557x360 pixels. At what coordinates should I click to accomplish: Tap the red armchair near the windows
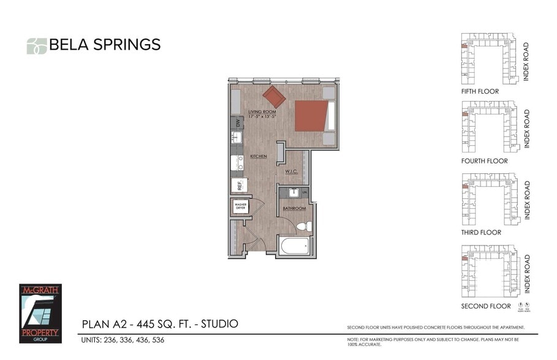[x=274, y=96]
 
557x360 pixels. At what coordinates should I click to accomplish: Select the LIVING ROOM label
[x=262, y=112]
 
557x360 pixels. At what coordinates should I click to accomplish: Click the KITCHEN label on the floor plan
[x=258, y=157]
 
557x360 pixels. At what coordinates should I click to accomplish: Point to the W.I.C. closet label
[x=291, y=172]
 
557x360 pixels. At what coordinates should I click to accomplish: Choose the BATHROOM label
[x=294, y=209]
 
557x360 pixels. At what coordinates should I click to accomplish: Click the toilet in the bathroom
[x=304, y=227]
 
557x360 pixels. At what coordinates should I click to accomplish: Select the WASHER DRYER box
[x=240, y=207]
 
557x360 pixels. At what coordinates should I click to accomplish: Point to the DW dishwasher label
[x=237, y=122]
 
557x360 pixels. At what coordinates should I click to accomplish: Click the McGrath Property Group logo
[x=40, y=313]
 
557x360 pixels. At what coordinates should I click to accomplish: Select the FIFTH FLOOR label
[x=480, y=91]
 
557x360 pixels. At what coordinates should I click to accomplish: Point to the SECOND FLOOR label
[x=485, y=306]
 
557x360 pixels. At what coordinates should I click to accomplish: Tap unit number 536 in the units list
[x=157, y=340]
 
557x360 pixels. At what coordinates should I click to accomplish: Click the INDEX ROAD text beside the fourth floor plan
[x=526, y=129]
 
